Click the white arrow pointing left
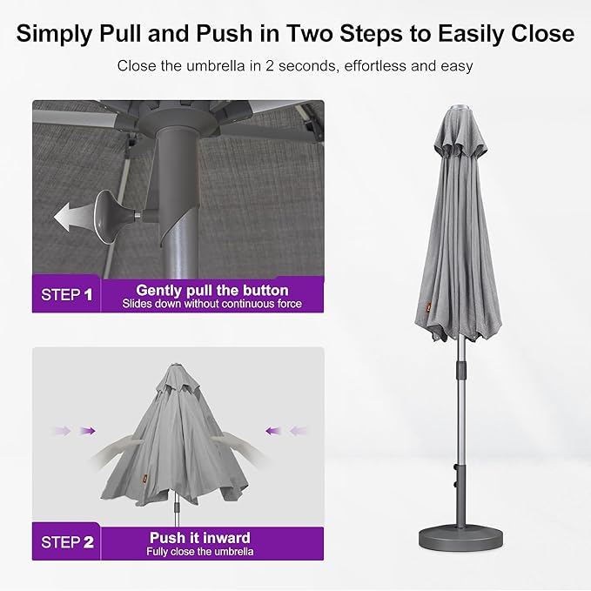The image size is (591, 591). click(x=71, y=214)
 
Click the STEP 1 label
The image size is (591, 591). click(x=67, y=294)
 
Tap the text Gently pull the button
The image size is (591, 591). click(x=212, y=290)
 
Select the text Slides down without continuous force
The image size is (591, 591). click(x=212, y=304)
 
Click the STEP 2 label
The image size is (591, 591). click(x=67, y=542)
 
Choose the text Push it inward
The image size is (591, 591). click(x=199, y=537)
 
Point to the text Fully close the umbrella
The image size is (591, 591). click(x=201, y=552)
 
